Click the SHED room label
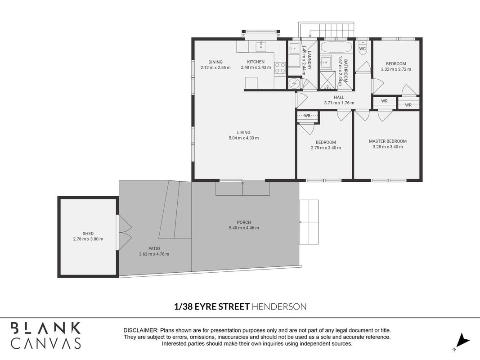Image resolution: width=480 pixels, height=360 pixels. [x=88, y=234]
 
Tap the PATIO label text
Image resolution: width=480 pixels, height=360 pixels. [x=154, y=248]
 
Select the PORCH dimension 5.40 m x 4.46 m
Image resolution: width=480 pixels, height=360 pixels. [x=244, y=228]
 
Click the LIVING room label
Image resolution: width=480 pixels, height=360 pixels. [x=244, y=132]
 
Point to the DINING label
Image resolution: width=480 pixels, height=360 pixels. [x=215, y=62]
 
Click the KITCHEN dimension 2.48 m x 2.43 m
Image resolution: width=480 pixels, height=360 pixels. [x=256, y=67]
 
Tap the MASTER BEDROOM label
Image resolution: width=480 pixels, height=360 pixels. [x=388, y=141]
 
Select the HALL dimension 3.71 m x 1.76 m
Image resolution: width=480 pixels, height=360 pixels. [x=339, y=103]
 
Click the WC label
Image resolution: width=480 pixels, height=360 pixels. [x=363, y=49]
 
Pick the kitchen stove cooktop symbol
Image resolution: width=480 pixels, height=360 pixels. [x=280, y=67]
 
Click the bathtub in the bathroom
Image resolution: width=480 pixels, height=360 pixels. [x=336, y=47]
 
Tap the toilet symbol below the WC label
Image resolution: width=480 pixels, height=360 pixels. [x=363, y=52]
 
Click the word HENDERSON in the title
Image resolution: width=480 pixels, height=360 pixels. [x=279, y=306]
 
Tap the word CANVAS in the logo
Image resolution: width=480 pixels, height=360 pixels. [x=46, y=343]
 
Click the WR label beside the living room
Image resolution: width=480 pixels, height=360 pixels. [x=307, y=116]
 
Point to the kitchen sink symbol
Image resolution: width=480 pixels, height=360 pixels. [x=261, y=47]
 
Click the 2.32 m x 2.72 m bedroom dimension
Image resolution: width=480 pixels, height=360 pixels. [x=396, y=69]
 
